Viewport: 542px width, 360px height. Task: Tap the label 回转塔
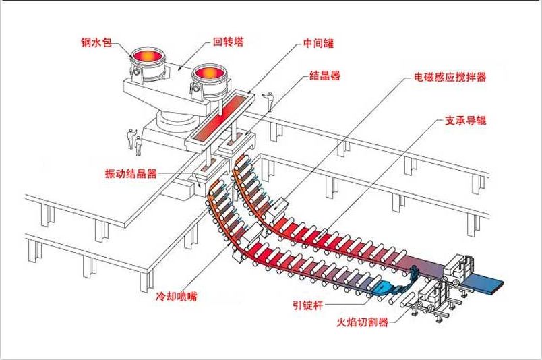(x=228, y=42)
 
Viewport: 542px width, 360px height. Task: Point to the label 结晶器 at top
(x=324, y=76)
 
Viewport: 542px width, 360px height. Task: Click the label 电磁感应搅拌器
(x=450, y=77)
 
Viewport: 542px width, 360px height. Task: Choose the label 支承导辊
(x=465, y=121)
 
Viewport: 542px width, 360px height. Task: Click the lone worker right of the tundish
(x=270, y=101)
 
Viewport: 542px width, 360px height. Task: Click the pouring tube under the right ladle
(x=220, y=102)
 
